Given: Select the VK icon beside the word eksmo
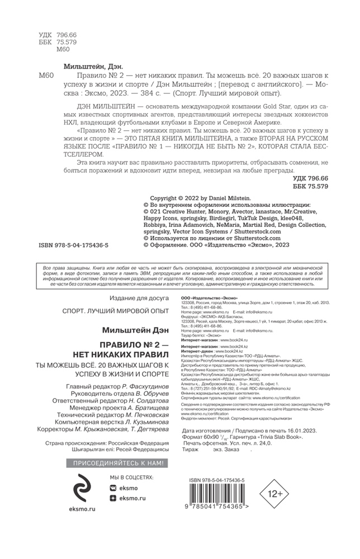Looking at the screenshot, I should [x=113, y=488].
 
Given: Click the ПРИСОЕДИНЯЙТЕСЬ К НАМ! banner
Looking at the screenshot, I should [x=116, y=463].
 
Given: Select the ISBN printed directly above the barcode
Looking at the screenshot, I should [x=219, y=473].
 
